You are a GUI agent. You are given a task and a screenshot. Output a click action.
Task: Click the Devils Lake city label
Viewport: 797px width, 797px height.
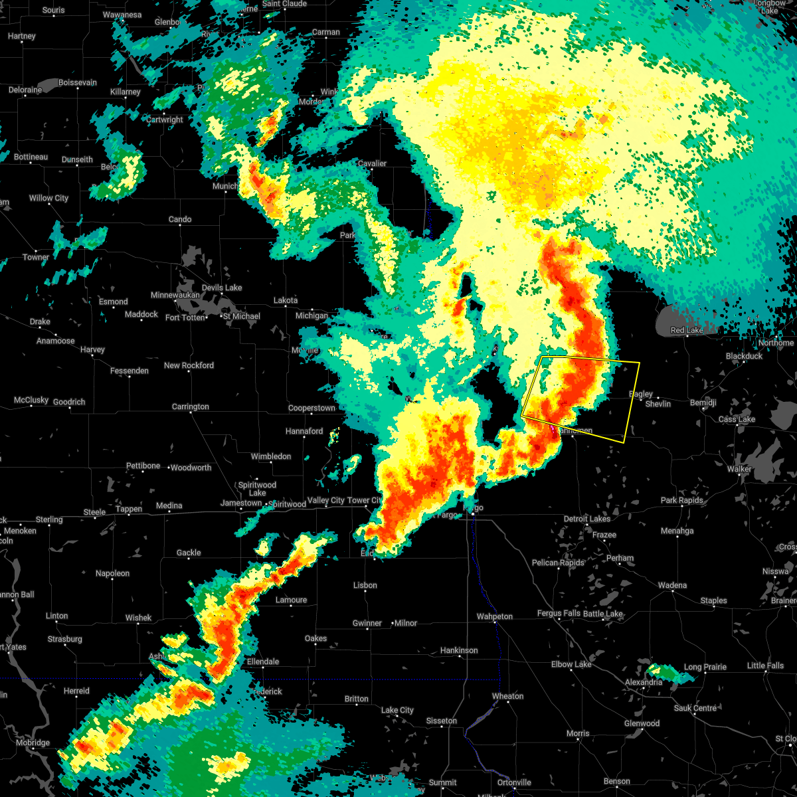coord(222,288)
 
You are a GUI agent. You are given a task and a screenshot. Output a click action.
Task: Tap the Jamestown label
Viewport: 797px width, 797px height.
coord(241,503)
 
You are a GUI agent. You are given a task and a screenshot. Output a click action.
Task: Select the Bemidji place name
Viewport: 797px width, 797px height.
coord(703,403)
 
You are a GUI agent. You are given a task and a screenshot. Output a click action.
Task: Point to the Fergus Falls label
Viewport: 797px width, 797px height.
coord(558,613)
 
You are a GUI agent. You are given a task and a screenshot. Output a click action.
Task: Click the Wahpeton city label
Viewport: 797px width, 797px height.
coord(494,616)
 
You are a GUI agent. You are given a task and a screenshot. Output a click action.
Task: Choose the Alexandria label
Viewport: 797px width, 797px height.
coord(643,682)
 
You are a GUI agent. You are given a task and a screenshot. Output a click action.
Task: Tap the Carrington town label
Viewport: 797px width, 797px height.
coord(191,406)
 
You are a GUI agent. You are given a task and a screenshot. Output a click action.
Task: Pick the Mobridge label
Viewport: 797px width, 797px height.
coord(33,743)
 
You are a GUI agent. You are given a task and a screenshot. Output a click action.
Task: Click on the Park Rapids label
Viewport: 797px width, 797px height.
coord(681,500)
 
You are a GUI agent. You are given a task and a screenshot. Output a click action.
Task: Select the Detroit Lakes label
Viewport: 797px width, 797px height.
coord(586,519)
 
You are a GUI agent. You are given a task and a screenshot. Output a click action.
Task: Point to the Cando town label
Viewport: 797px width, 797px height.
coord(180,219)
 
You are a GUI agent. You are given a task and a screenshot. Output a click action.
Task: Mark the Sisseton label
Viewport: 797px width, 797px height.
coord(441,721)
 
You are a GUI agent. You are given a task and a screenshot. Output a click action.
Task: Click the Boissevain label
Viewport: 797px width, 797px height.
coord(78,83)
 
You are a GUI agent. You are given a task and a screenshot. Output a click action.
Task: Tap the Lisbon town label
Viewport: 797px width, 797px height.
coord(365,585)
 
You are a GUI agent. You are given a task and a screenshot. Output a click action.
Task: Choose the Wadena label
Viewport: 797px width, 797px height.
coord(672,585)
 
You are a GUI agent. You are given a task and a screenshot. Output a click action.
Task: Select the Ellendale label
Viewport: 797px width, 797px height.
coord(263,662)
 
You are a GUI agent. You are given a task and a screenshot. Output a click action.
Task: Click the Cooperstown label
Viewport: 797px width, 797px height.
coord(311,408)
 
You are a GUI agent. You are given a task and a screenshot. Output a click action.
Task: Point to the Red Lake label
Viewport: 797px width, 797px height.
coord(687,330)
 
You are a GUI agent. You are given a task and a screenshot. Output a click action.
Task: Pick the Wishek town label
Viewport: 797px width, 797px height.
coord(138,618)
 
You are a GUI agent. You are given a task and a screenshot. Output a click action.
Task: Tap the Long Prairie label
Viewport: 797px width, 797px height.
coord(705,667)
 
